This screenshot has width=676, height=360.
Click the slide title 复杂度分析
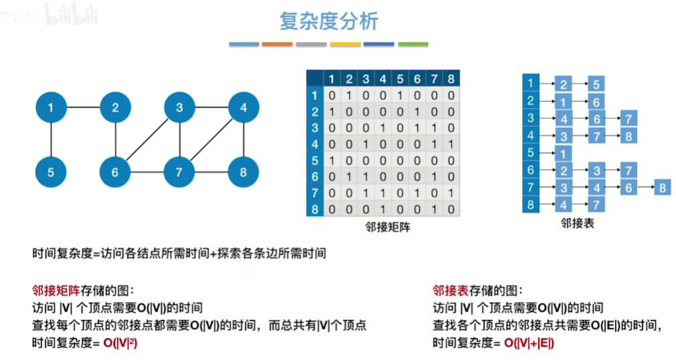329,21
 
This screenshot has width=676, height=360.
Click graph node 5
51,172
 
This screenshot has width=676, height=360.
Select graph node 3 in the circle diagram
180,107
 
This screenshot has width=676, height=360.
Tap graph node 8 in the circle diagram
243,172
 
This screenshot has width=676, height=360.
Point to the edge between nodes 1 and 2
83,107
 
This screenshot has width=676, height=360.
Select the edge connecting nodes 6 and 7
147,172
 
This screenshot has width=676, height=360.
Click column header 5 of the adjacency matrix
400,79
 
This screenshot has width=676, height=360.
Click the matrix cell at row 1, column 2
348,95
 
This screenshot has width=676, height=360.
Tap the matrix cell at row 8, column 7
434,209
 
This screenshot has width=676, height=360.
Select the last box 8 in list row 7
662,188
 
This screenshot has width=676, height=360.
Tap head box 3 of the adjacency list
531,118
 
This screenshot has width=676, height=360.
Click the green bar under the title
413,44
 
